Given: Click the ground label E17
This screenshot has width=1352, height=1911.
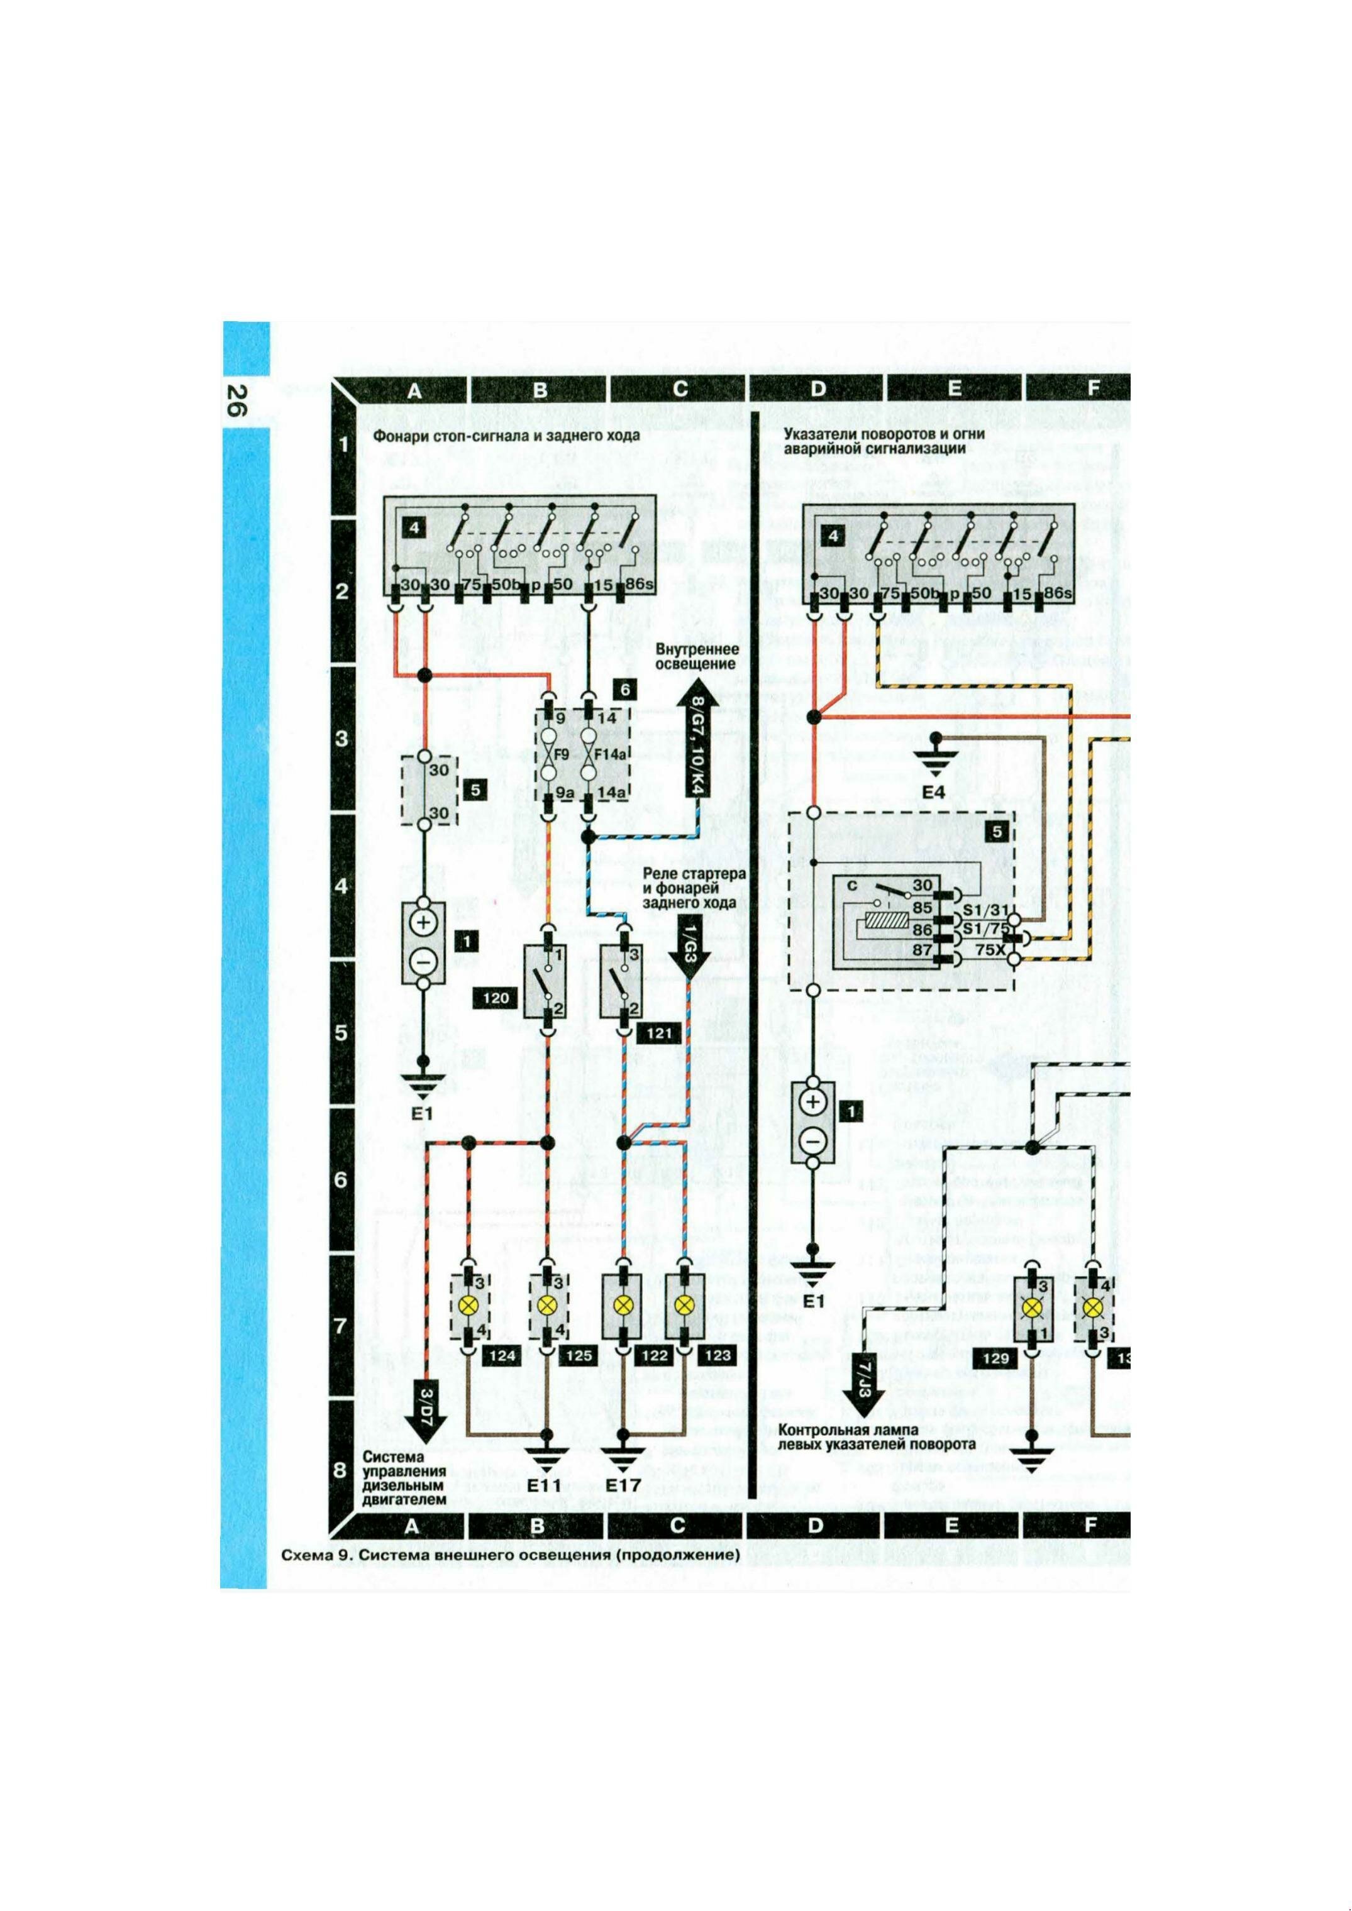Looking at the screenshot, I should [x=624, y=1485].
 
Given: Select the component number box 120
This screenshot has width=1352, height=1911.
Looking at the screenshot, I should [x=496, y=998].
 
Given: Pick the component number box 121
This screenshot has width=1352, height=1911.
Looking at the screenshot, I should [x=658, y=1035].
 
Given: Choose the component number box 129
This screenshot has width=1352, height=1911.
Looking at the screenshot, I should [x=995, y=1358].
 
